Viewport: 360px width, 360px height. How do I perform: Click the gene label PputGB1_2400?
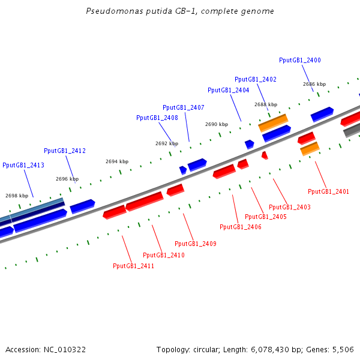coord(300,60)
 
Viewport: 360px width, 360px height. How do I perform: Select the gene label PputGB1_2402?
coord(256,79)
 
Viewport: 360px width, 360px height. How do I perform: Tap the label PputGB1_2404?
coord(229,90)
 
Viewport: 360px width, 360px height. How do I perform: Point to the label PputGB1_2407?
coord(184,107)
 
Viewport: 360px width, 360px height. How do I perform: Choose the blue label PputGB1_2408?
coord(157,118)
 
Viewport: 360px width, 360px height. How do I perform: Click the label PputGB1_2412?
coord(65,151)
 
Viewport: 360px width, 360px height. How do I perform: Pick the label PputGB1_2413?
coord(23,165)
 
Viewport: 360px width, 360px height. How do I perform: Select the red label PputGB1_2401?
coord(328,191)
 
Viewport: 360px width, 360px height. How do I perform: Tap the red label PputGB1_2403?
coord(290,207)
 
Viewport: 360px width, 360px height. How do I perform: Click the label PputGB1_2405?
coord(266,217)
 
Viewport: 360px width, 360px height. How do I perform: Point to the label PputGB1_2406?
coord(241,227)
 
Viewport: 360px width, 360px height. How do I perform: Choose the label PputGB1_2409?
coord(196,244)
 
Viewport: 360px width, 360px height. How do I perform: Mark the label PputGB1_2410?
coord(164,255)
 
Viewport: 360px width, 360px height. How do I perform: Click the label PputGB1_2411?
coord(134,266)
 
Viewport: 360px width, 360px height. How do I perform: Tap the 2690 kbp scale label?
coord(217,124)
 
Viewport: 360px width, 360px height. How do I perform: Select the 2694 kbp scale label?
coord(117,161)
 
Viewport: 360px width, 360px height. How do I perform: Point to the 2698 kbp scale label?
coord(17,196)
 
